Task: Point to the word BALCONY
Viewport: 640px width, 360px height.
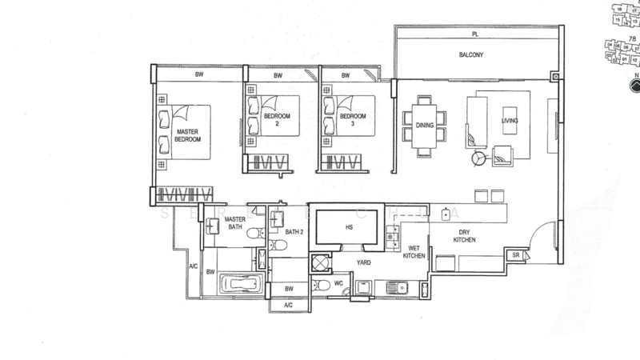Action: tap(470, 56)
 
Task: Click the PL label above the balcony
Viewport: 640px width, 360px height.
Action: tap(474, 35)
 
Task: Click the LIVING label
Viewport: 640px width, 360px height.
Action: tap(510, 121)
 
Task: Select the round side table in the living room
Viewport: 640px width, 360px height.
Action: tap(478, 158)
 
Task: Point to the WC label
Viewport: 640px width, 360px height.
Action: tap(339, 283)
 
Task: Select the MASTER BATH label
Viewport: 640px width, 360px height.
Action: tap(234, 223)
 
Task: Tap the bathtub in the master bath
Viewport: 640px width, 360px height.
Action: tap(240, 283)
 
